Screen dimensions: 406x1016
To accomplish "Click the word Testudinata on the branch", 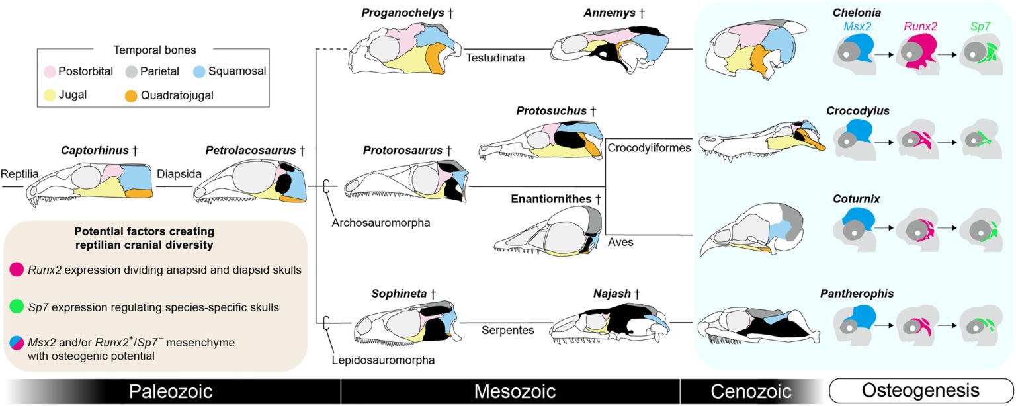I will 496,58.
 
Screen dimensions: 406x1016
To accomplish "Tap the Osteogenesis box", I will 919,391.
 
